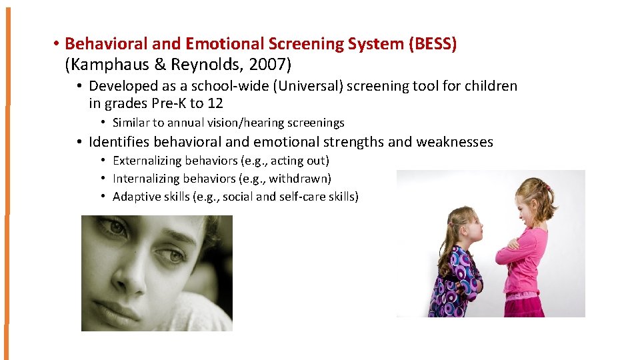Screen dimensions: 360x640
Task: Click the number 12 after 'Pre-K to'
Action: pos(215,103)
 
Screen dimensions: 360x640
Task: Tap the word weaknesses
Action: pos(455,142)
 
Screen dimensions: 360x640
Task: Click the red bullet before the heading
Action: pos(58,45)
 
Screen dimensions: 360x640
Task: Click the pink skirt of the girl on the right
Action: pos(527,303)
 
